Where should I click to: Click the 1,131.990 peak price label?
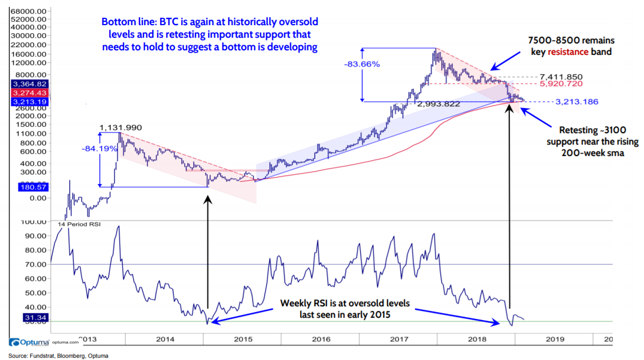120,127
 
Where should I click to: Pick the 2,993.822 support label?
439,105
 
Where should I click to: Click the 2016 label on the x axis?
321,338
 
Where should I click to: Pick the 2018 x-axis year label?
478,338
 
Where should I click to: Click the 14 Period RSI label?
79,225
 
